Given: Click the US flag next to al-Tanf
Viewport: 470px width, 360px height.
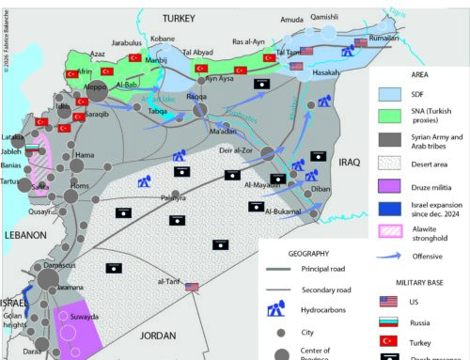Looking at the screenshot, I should click(x=194, y=288).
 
